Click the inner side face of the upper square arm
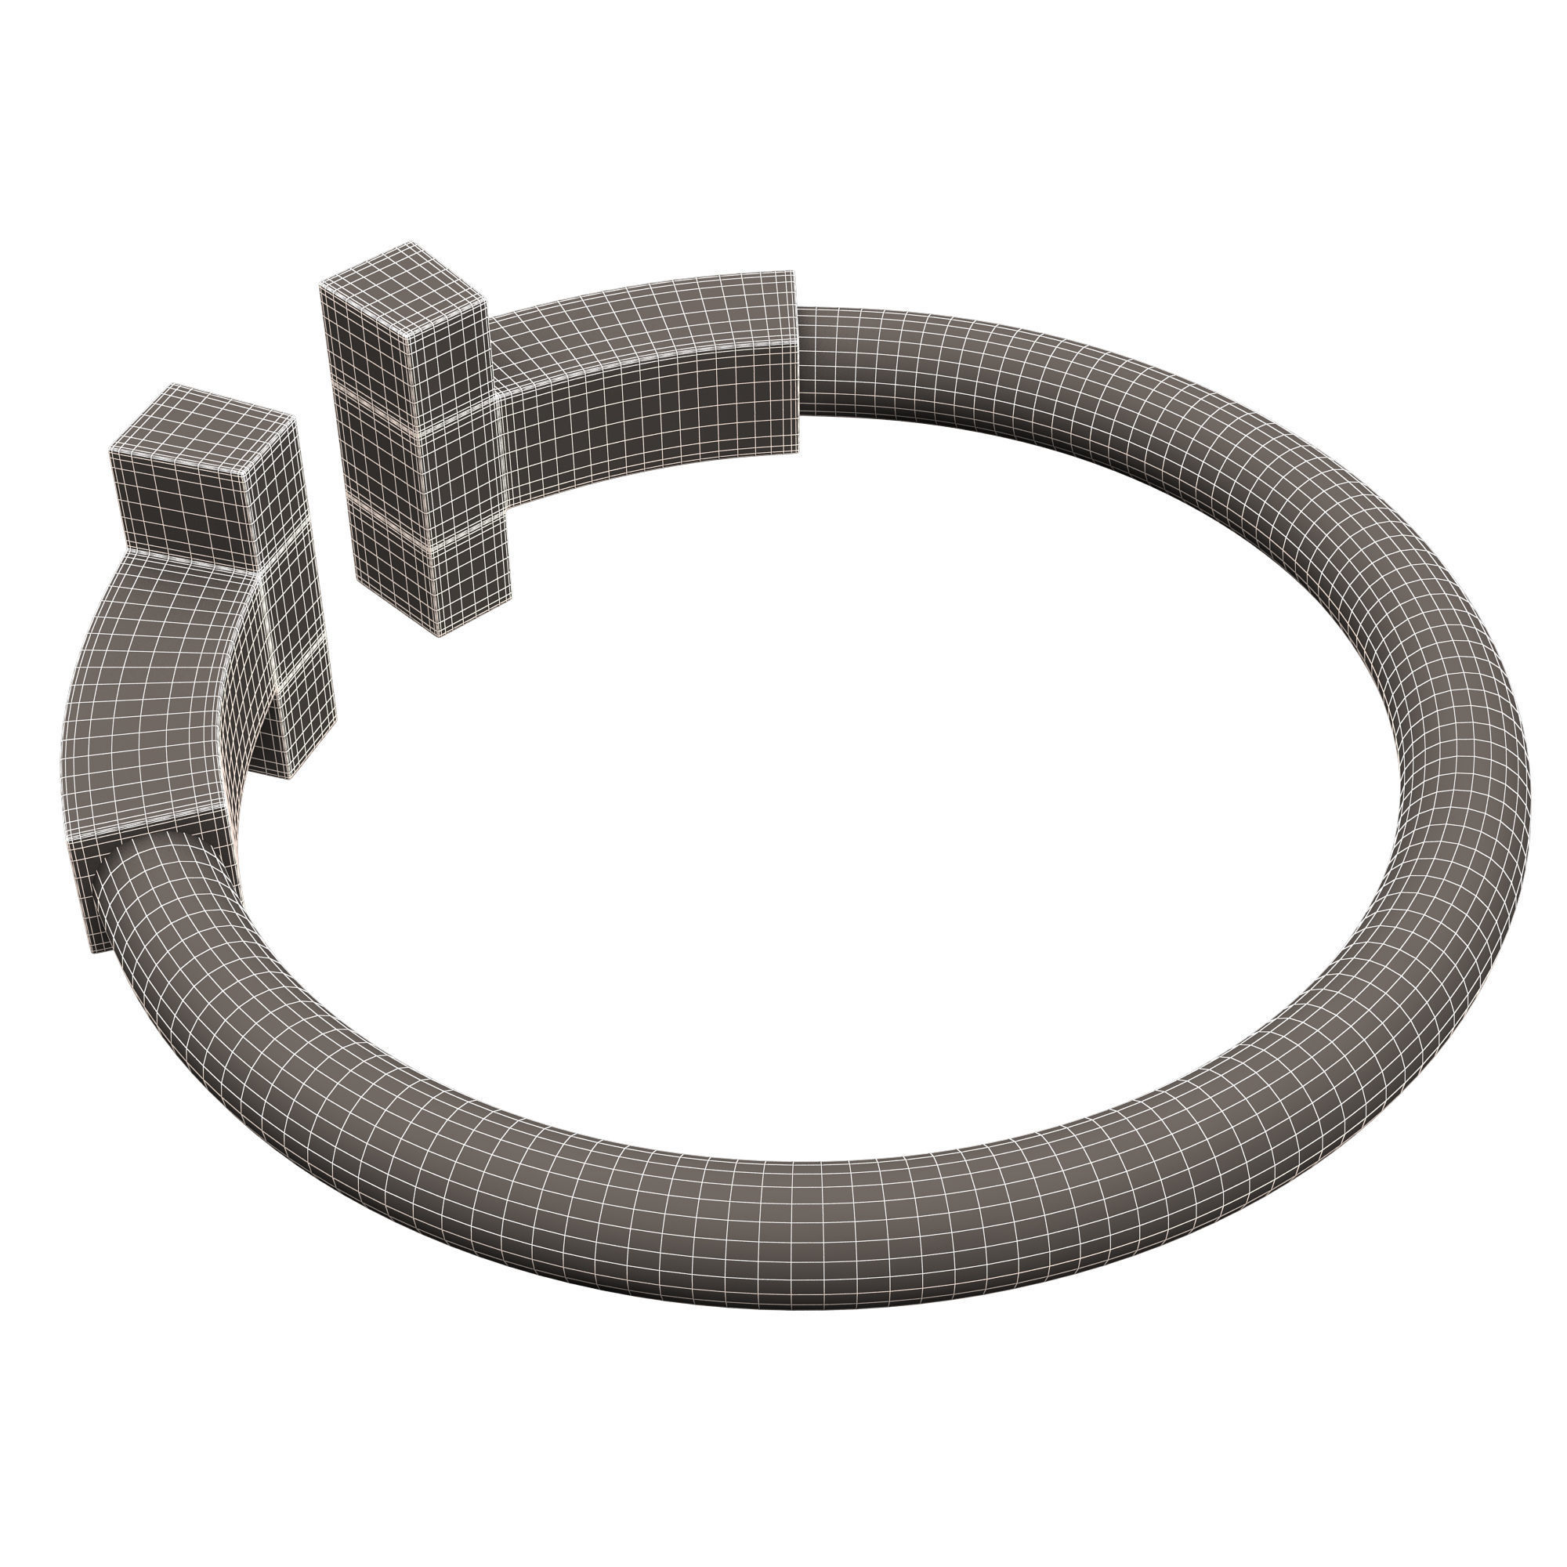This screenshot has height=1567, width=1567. click(649, 406)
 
